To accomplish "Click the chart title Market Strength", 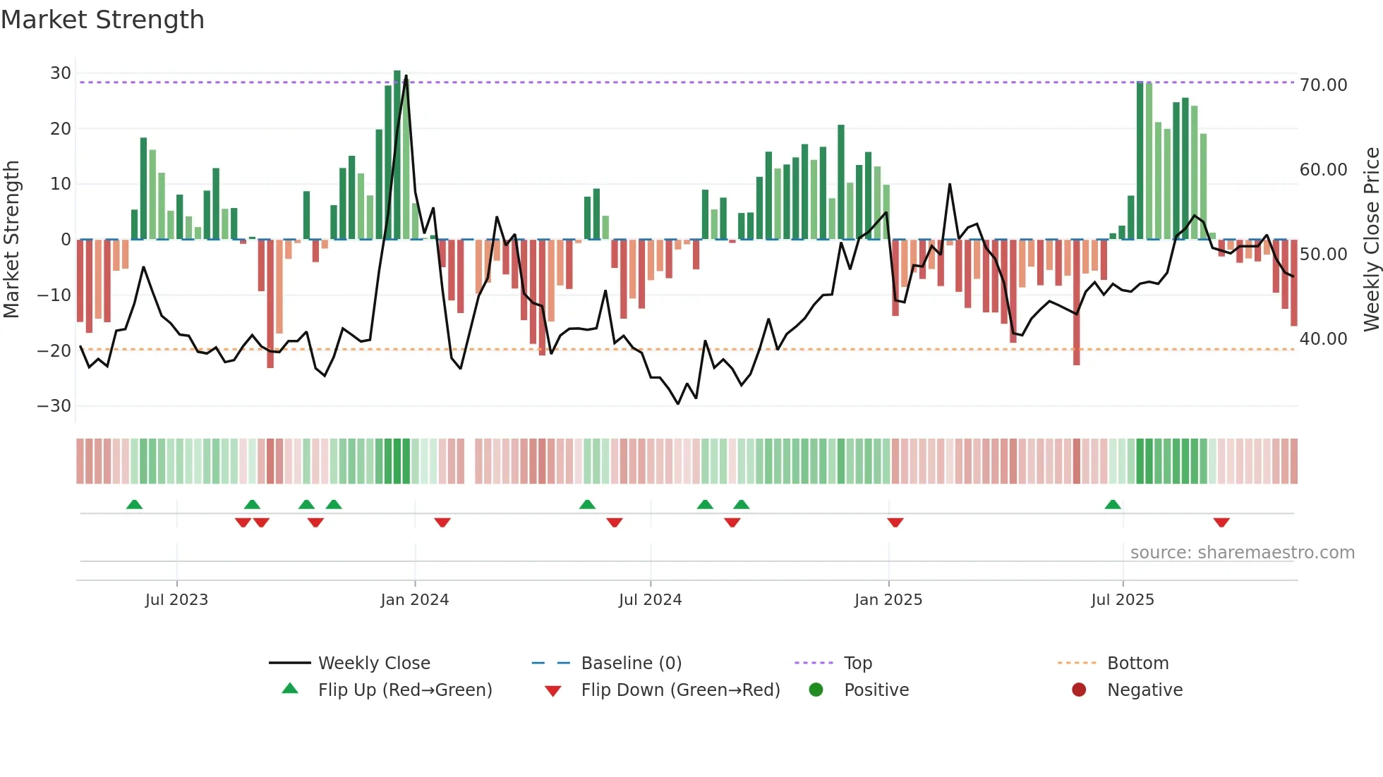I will coord(102,20).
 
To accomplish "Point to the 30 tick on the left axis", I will coord(60,73).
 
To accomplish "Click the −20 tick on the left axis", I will coord(54,350).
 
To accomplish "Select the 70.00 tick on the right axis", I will coord(1323,85).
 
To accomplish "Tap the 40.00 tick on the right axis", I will coord(1323,339).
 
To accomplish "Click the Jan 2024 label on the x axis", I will coord(414,600).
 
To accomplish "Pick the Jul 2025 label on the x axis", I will coord(1122,600).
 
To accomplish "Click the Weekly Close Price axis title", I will coord(1371,240).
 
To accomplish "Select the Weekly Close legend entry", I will coord(373,663).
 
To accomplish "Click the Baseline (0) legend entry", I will coord(631,663).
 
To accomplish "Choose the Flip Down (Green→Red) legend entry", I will coord(680,690).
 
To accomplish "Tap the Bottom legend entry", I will coord(1137,663).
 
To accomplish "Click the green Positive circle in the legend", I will coord(816,690).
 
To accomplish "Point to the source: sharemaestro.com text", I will coord(1242,553).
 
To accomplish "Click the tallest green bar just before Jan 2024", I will coord(397,155).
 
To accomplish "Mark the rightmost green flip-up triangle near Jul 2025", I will coord(1113,505).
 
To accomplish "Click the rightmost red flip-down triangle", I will coord(1221,522).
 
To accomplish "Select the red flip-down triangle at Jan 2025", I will coord(895,522).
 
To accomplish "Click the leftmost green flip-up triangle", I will coord(134,505).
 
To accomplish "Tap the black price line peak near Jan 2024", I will coord(406,76).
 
